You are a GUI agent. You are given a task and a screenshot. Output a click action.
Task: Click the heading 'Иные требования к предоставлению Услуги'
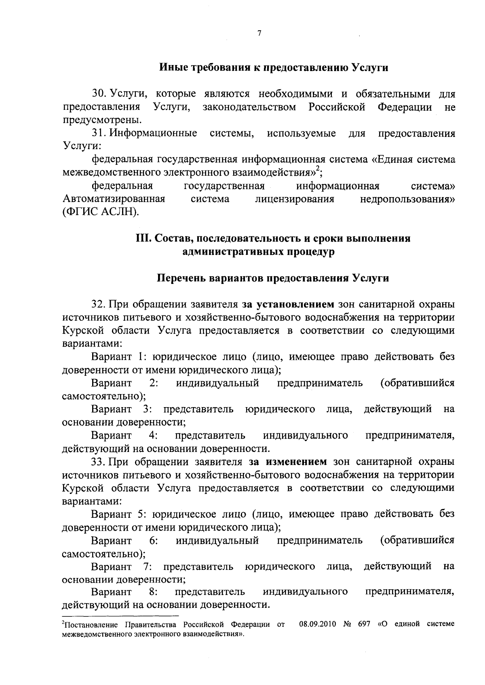click(x=274, y=67)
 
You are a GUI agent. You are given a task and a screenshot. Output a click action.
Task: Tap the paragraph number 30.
click(x=98, y=94)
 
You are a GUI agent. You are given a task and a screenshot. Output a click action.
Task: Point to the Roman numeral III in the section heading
click(x=143, y=239)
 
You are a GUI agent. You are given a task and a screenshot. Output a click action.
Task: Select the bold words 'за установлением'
click(x=288, y=304)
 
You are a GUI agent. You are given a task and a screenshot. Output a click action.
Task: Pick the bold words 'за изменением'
click(x=287, y=462)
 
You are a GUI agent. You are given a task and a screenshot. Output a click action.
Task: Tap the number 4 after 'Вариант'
click(x=152, y=435)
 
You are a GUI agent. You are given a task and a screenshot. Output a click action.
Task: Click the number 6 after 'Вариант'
click(x=152, y=540)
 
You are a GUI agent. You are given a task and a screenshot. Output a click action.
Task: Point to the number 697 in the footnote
click(x=365, y=624)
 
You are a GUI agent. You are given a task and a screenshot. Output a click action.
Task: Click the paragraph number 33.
click(x=98, y=462)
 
